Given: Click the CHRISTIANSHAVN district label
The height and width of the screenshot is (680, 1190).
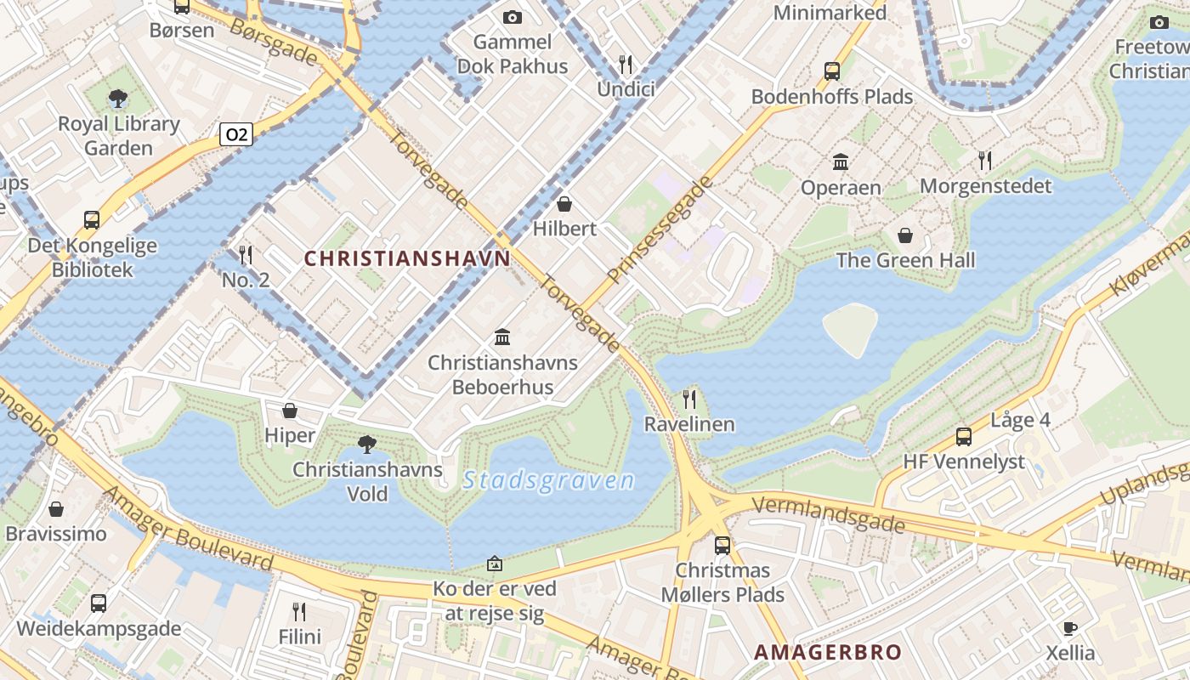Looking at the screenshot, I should pos(407,258).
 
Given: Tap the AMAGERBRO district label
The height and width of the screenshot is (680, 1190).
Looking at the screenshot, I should pos(828,652).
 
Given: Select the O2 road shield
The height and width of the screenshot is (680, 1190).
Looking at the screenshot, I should pos(237,134).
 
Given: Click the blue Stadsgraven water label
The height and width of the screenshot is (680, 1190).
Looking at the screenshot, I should pos(549,481).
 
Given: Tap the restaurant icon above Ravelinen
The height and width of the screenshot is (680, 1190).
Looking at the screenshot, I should pos(689,399).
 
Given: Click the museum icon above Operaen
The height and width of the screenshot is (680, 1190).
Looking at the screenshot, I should pos(841,161).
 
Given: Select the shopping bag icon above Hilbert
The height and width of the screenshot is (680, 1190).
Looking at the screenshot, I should pos(564,204).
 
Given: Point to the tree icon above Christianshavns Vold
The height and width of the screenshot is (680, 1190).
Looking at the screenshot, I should pos(367,444).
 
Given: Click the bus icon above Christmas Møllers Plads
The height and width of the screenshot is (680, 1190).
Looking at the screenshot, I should pos(722,545).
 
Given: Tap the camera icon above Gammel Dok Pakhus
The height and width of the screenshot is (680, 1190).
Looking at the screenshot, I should pos(512,17).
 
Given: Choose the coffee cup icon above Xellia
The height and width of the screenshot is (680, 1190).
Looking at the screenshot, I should pos(1070,628).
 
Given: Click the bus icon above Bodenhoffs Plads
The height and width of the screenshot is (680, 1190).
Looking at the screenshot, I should pos(832,71).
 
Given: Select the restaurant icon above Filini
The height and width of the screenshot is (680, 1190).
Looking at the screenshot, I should pos(299,611).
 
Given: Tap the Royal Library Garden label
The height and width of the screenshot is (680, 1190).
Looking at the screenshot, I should pos(119,136).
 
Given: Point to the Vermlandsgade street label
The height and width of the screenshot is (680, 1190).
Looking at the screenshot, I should pos(829,515).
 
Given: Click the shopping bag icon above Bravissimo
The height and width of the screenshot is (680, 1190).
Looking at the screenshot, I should pos(56,509).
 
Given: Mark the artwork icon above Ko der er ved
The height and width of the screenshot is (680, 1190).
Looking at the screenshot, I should pos(495,564).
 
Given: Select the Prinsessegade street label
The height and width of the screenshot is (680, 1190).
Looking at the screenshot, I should pos(660,230).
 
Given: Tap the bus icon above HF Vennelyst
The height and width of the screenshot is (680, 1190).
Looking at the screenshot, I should pos(964,437).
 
